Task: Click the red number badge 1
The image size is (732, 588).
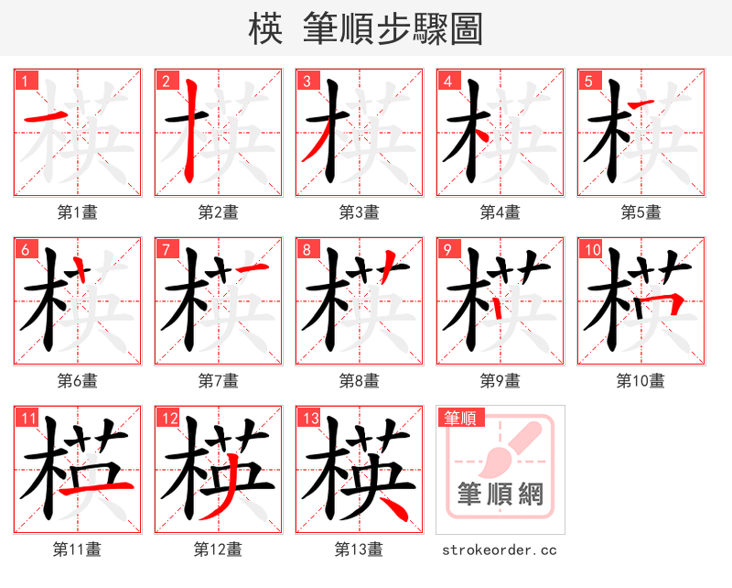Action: click(25, 81)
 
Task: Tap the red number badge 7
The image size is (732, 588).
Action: click(166, 249)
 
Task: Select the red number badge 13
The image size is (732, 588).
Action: click(308, 419)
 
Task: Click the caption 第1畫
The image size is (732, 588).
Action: click(78, 212)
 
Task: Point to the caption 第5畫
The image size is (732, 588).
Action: click(640, 212)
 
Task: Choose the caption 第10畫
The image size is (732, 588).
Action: click(640, 380)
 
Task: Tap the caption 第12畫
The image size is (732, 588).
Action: click(218, 550)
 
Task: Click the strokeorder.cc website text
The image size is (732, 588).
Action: click(500, 550)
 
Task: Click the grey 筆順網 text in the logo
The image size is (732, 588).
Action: click(500, 495)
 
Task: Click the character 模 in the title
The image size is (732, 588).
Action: click(265, 29)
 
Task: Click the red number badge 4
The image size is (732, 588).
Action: click(448, 81)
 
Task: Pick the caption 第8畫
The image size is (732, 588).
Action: click(359, 380)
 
